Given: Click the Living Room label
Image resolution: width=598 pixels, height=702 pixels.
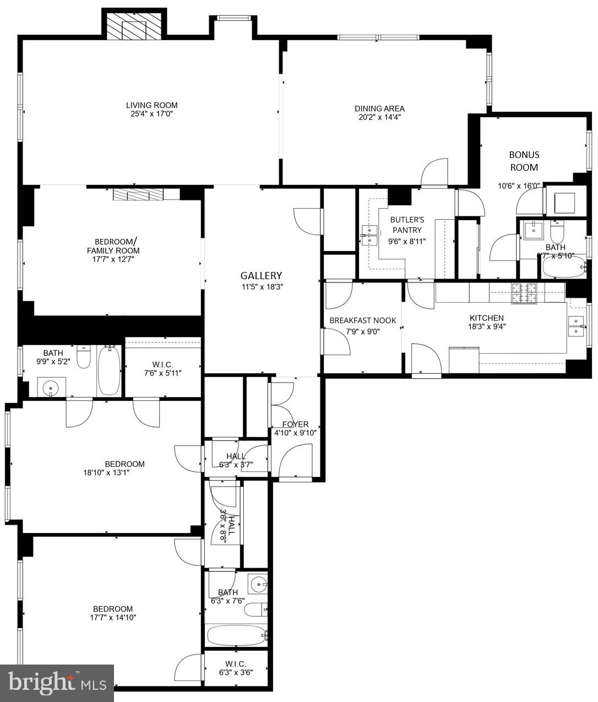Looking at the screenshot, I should pyautogui.click(x=151, y=105).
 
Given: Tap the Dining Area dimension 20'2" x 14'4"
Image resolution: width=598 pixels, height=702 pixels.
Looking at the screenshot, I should pyautogui.click(x=379, y=117).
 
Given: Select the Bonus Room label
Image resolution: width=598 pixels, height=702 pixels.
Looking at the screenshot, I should pyautogui.click(x=524, y=161).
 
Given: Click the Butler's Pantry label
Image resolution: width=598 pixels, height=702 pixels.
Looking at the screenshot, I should pyautogui.click(x=407, y=225).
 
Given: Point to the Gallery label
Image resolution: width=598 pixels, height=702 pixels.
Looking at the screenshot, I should pyautogui.click(x=261, y=275).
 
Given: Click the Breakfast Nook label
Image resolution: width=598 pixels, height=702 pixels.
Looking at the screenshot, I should pyautogui.click(x=362, y=320).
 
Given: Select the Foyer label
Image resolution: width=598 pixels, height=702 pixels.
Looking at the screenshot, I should pyautogui.click(x=295, y=424).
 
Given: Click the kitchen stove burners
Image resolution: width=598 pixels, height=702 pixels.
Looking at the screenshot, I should pyautogui.click(x=524, y=293).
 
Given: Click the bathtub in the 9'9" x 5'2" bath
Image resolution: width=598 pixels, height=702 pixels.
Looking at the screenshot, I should pyautogui.click(x=109, y=370).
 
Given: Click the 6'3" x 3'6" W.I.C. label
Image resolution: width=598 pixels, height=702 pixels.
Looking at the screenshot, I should pyautogui.click(x=236, y=668).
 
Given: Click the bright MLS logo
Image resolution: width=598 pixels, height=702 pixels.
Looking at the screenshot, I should pyautogui.click(x=57, y=683).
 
